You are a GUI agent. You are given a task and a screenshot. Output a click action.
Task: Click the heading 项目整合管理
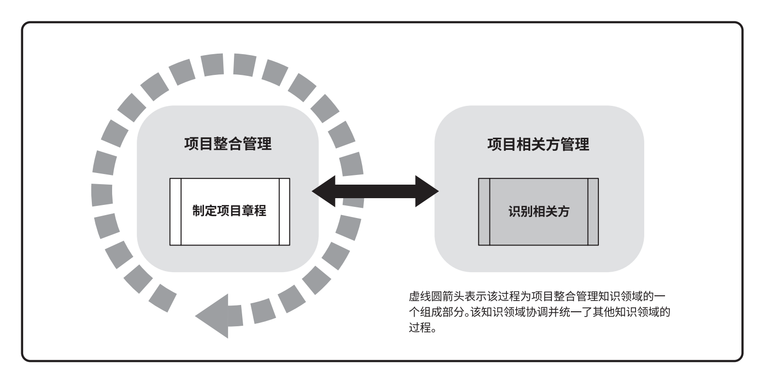pos(228,144)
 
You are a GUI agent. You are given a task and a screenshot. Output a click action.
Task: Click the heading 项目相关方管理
pos(538,145)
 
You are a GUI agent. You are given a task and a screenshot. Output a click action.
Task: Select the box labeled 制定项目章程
pos(230,211)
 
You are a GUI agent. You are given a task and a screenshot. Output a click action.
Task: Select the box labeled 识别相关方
pos(538,211)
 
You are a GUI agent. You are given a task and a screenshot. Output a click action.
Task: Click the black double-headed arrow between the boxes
pos(375,192)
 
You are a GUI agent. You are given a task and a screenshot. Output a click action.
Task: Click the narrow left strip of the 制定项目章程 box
pos(175,211)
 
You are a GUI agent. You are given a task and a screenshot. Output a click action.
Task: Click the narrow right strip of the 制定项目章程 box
pos(284,211)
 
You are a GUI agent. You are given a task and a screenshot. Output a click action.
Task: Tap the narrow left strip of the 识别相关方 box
pos(484,211)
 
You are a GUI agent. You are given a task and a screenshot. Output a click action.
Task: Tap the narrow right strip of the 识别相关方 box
pos(593,211)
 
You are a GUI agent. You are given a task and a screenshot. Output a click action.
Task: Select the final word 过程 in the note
pos(419,328)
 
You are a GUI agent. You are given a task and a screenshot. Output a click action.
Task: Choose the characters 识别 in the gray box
pos(520,211)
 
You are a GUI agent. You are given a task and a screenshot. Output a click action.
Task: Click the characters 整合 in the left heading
pos(228,144)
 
